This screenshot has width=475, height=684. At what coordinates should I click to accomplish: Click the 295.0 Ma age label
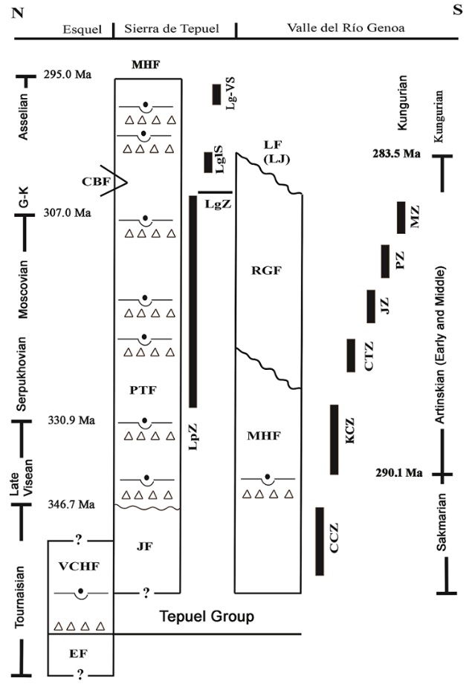tap(68, 74)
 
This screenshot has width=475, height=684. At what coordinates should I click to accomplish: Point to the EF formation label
tap(80, 654)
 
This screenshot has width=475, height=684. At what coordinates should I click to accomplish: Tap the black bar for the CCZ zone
tap(320, 541)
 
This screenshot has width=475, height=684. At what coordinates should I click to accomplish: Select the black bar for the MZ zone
tap(401, 217)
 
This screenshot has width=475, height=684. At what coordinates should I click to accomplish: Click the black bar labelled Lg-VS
tap(216, 94)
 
